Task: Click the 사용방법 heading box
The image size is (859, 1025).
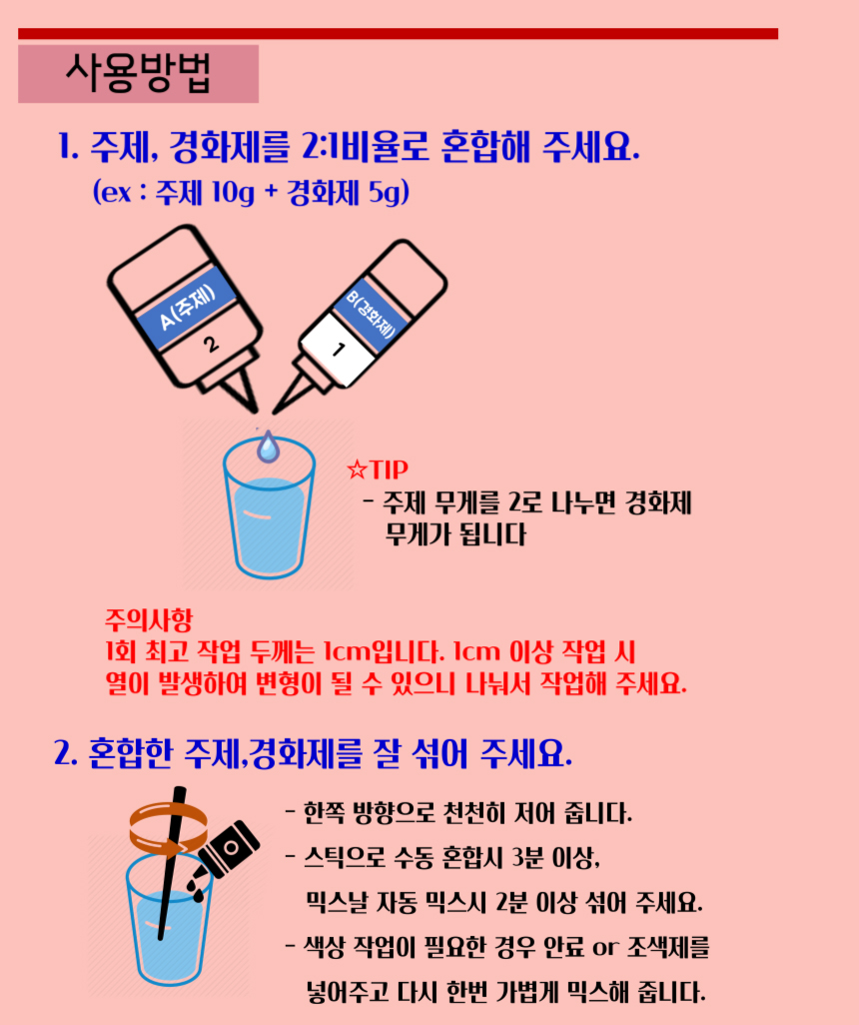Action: click(x=138, y=73)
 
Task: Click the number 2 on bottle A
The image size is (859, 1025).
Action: click(x=211, y=346)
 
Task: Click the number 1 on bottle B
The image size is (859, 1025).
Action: click(x=338, y=350)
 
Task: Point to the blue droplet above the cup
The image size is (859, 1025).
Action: click(x=266, y=447)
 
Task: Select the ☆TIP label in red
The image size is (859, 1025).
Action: click(x=378, y=470)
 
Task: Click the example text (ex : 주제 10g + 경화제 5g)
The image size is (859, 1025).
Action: click(x=251, y=193)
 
